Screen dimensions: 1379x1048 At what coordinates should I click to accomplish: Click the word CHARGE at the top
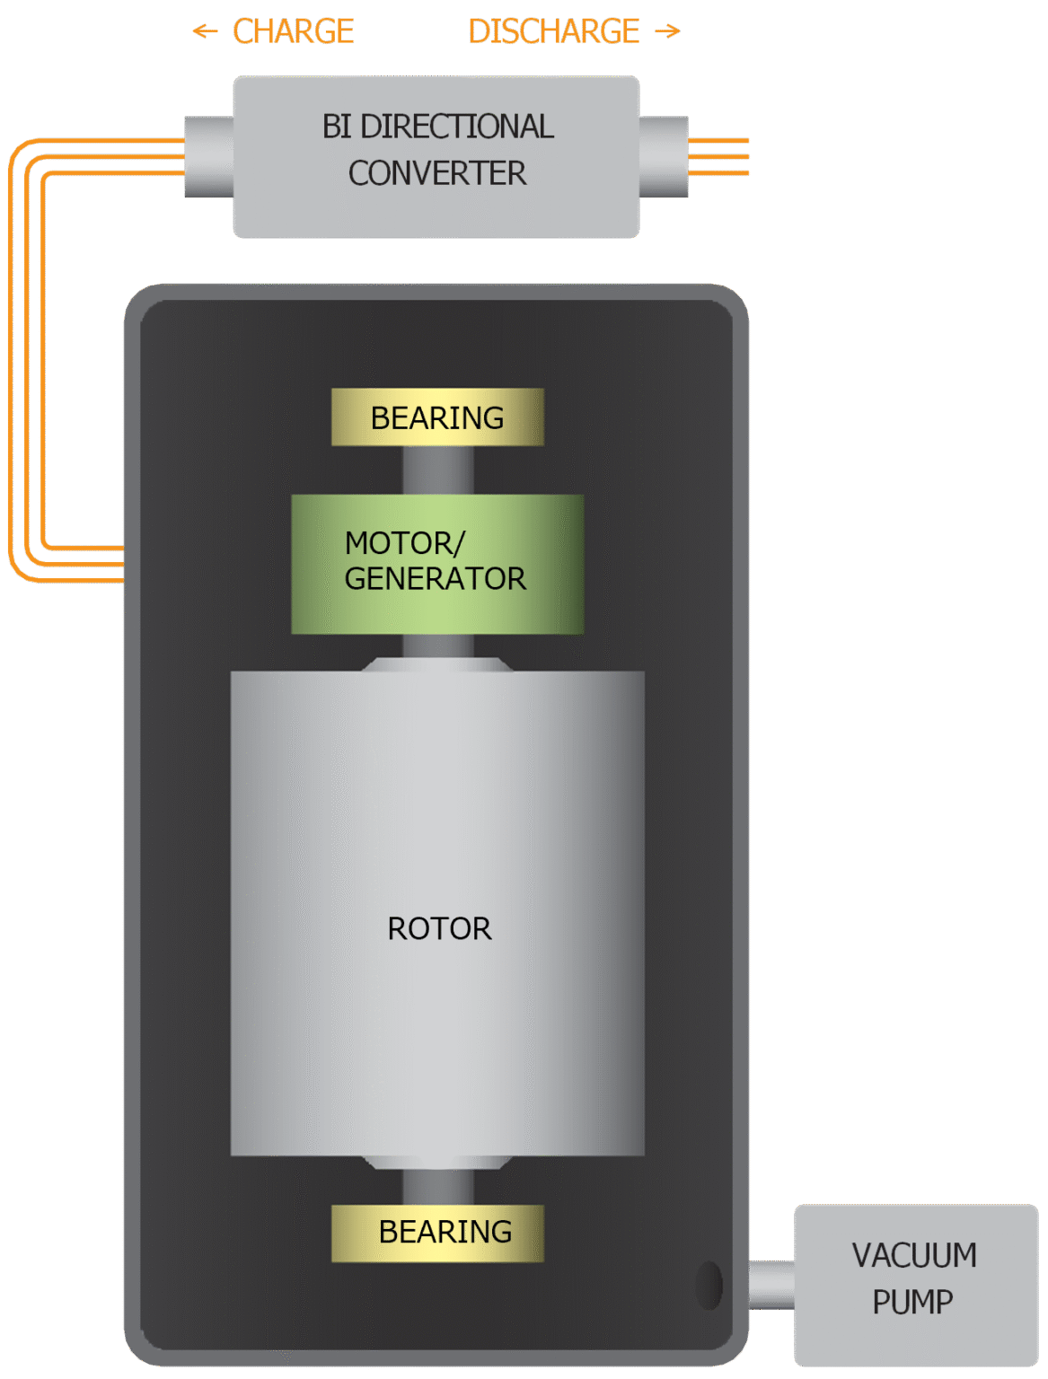tap(293, 31)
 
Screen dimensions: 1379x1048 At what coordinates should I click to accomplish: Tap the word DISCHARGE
tap(553, 31)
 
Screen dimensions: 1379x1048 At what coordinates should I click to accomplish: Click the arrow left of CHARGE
tap(205, 32)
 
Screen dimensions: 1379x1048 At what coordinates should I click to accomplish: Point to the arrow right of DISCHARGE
tap(668, 32)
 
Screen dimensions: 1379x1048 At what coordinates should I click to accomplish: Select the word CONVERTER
tap(437, 173)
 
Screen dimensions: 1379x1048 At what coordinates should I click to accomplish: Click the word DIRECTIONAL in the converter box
tap(457, 127)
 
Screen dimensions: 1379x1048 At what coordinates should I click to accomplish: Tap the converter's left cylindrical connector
tap(208, 156)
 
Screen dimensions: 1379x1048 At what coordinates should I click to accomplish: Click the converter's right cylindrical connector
tap(664, 156)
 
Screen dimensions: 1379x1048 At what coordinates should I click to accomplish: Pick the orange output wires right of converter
tap(718, 157)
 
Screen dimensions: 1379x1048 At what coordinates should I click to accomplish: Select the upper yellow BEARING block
tap(437, 417)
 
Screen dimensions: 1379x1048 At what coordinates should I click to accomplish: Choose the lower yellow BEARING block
tap(437, 1233)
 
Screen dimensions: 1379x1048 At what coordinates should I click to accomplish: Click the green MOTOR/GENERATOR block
tap(437, 564)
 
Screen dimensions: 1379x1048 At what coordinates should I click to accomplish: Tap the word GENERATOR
tap(436, 579)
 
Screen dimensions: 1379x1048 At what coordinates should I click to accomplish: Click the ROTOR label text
tap(439, 928)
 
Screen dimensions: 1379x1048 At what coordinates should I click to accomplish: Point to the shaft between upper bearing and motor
tap(437, 470)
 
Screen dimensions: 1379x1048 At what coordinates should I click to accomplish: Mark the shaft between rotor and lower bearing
tap(437, 1186)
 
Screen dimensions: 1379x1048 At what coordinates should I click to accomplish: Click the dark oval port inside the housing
tap(709, 1285)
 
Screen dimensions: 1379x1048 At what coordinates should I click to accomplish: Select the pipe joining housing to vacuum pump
tap(771, 1285)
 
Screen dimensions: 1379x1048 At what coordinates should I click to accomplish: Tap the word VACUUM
tap(914, 1255)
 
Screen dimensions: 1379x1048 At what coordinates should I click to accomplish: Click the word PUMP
tap(912, 1302)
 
